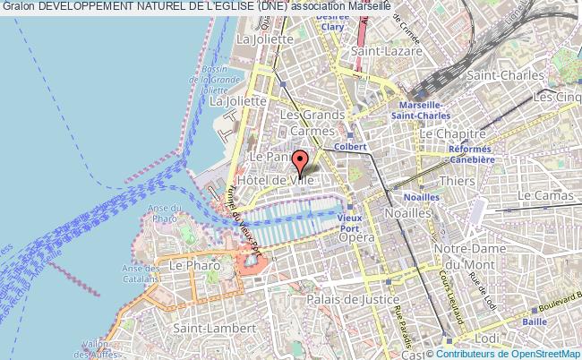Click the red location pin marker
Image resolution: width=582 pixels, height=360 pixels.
pyautogui.click(x=300, y=162)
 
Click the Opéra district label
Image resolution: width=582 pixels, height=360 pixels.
pyautogui.click(x=355, y=237)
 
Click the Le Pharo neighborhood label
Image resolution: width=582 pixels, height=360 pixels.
pyautogui.click(x=188, y=266)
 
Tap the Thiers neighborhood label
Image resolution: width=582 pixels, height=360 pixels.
pyautogui.click(x=458, y=181)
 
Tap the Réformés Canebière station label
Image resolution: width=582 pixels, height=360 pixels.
pyautogui.click(x=473, y=154)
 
